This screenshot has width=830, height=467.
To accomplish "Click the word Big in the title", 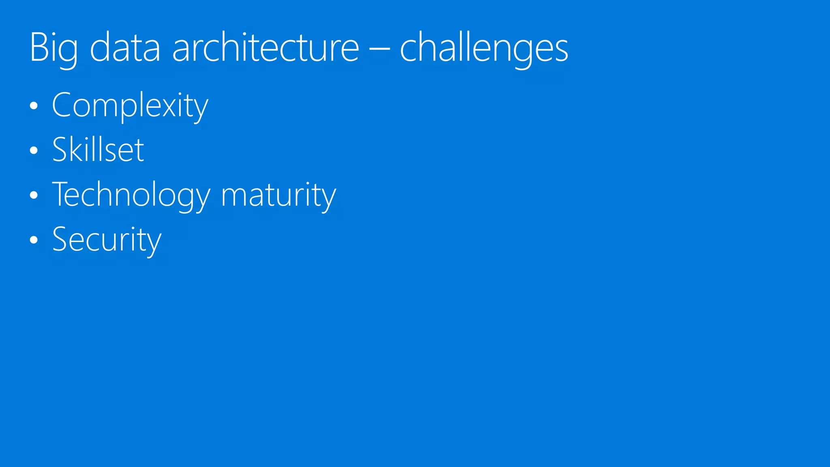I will pos(53,49).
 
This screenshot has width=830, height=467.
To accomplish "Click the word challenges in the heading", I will pos(484,49).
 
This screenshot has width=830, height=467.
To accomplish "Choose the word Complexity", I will pos(130,105).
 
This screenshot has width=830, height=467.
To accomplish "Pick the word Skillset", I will pos(98,150).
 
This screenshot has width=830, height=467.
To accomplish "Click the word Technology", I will pos(131,195).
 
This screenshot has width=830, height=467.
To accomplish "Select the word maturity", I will pos(278,195).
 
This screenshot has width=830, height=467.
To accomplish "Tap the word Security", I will pos(107,240).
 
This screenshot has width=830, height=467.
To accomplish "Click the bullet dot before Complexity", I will pos(34,106).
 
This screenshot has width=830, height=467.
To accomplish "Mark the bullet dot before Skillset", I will pos(34,151).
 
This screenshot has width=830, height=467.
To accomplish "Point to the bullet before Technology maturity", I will pos(34,195).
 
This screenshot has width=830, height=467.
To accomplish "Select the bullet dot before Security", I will pos(34,240).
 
